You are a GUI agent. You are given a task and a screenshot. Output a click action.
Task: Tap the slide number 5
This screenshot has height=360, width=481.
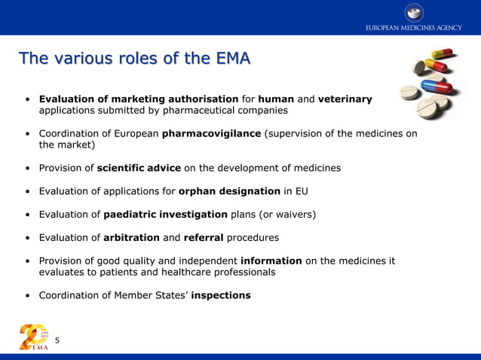pyautogui.click(x=57, y=341)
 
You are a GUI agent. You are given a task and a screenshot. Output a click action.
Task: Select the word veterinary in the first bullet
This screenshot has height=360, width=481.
pyautogui.click(x=345, y=99)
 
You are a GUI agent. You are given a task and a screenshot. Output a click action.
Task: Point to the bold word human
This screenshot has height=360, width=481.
pyautogui.click(x=276, y=99)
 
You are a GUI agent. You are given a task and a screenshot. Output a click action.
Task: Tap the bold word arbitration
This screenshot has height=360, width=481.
pyautogui.click(x=131, y=237)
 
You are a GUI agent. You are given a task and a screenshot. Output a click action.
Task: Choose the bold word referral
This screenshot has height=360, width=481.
pyautogui.click(x=203, y=237)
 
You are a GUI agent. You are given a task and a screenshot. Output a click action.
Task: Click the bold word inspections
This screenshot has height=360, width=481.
pyautogui.click(x=221, y=295)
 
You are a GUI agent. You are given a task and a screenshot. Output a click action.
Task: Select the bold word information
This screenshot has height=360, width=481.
pyautogui.click(x=271, y=261)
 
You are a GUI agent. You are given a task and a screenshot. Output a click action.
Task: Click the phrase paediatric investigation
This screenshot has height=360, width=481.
pyautogui.click(x=165, y=214)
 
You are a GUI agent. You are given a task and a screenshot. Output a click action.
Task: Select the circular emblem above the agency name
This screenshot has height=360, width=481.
pyautogui.click(x=414, y=12)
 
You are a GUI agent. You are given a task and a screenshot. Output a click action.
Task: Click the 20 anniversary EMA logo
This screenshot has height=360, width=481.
pyautogui.click(x=34, y=336)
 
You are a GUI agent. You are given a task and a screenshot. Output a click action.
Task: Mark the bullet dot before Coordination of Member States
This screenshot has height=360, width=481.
pyautogui.click(x=27, y=296)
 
